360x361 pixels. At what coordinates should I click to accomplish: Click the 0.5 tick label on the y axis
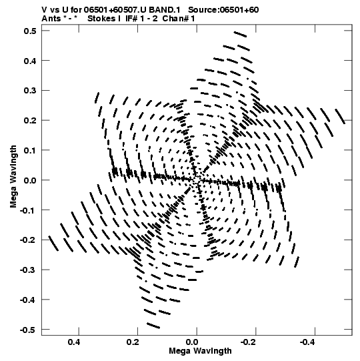(x=30, y=31)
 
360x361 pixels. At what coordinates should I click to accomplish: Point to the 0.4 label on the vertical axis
(x=30, y=61)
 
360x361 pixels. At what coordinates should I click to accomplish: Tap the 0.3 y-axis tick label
(x=30, y=91)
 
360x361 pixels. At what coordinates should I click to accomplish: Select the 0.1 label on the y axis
(x=30, y=150)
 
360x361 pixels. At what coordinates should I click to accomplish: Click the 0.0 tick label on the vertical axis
(x=30, y=180)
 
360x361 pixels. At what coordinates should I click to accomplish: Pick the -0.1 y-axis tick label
(x=28, y=210)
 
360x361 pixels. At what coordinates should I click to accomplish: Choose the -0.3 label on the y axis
(x=28, y=270)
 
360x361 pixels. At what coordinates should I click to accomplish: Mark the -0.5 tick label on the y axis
(x=28, y=330)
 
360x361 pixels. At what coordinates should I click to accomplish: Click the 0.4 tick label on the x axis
(x=74, y=342)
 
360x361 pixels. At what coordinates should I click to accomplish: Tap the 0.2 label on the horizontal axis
(x=133, y=342)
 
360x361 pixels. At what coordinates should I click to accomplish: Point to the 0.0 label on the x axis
(x=192, y=342)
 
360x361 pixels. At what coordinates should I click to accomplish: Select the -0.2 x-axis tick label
(x=249, y=342)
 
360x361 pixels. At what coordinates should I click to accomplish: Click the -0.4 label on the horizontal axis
(x=308, y=342)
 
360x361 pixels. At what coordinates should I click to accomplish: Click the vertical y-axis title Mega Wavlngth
(x=13, y=177)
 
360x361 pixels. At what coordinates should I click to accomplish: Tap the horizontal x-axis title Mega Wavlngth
(x=200, y=351)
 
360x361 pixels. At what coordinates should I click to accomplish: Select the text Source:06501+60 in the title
(x=223, y=10)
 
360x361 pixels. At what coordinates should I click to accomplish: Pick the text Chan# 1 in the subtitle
(x=179, y=19)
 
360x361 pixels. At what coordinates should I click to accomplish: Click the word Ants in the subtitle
(x=51, y=19)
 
